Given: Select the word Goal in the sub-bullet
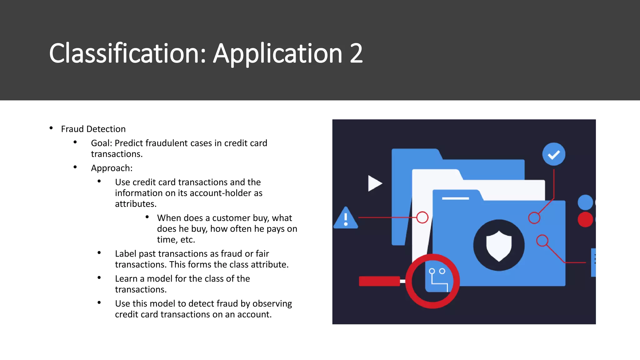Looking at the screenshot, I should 101,143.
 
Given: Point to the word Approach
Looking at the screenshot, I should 112,168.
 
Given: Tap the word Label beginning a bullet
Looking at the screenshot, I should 126,254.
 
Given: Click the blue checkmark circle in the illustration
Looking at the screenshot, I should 553,154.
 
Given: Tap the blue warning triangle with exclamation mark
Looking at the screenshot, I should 346,218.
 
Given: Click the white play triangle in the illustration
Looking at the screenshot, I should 374,183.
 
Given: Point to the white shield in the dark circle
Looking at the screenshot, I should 499,246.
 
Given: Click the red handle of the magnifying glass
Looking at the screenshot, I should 379,281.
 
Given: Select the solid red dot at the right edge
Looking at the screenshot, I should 585,219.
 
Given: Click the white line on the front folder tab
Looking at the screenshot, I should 455,198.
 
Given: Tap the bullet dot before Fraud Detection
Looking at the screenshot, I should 51,128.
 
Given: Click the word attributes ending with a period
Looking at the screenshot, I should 136,204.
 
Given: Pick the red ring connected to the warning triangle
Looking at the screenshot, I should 422,217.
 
